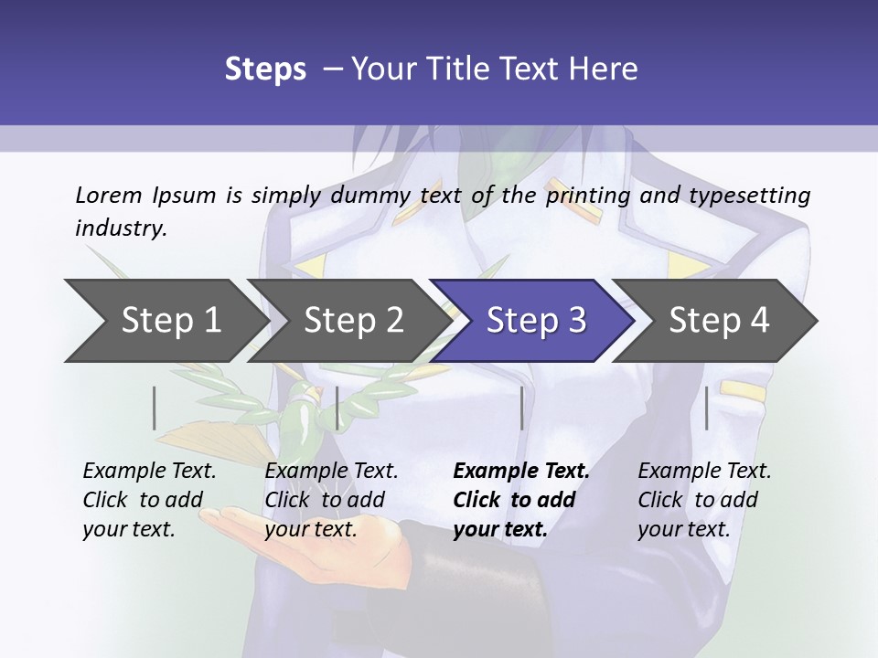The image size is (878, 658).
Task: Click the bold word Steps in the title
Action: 265,69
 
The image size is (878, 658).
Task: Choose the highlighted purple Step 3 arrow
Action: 536,321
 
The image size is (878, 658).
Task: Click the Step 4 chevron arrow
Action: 719,321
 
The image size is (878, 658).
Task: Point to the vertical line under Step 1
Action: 155,408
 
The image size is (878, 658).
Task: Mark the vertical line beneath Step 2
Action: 337,408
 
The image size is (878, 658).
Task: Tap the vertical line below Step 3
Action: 521,408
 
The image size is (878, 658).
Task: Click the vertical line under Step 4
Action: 706,408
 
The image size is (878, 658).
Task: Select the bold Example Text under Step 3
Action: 521,500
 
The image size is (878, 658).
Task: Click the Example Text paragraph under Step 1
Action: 149,500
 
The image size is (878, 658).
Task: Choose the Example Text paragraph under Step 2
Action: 331,500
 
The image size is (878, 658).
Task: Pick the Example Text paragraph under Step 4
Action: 704,500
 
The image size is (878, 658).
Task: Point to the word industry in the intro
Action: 120,228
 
